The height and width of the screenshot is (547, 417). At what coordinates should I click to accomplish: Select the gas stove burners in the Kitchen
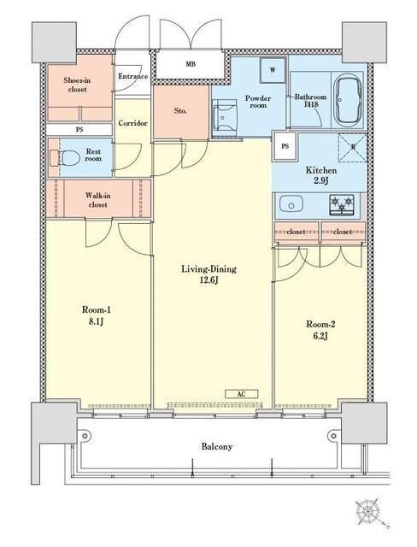point(341,204)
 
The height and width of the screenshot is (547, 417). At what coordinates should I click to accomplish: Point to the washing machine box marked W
point(273,70)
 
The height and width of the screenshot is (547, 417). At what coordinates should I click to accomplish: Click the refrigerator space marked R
point(353,148)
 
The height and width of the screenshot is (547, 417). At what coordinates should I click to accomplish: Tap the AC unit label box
point(241,394)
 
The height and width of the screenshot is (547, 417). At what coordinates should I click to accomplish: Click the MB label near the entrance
point(191,64)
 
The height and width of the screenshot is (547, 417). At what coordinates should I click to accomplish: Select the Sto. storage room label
point(180,111)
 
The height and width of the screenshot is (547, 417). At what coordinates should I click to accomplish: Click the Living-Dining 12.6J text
point(208,274)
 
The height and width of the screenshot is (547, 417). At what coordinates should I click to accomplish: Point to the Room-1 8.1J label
point(97,315)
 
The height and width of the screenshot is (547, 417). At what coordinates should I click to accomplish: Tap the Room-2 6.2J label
point(320,330)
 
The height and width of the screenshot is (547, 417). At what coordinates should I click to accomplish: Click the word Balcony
point(217,446)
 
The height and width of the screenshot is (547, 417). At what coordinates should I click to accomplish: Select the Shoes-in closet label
point(77,85)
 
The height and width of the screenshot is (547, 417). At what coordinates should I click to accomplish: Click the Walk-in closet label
point(97,200)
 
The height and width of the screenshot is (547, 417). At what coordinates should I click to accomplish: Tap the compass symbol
point(367,511)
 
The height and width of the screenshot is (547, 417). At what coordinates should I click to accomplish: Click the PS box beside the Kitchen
point(285,146)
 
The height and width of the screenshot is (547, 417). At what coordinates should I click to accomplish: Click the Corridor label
point(132,123)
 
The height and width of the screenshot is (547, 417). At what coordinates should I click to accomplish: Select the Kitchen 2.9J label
point(321,175)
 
